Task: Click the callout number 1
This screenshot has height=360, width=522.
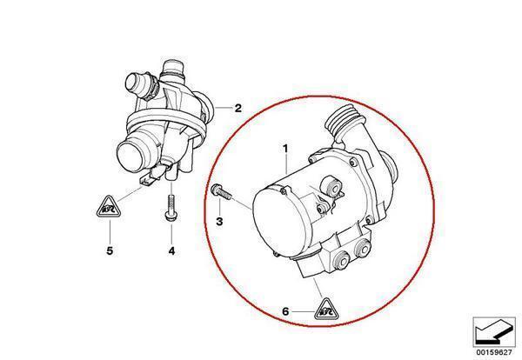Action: tap(285, 149)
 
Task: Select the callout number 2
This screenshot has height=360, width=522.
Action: tap(238, 108)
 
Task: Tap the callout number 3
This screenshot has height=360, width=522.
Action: tap(219, 221)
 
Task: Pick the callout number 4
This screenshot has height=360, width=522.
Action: tap(171, 250)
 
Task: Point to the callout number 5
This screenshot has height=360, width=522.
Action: tap(110, 250)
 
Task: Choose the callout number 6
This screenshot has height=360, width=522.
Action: tap(285, 311)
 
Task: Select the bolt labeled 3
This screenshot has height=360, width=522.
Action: tap(221, 192)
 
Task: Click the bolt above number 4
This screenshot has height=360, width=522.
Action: tap(171, 207)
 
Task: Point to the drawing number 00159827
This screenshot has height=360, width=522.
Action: tap(493, 352)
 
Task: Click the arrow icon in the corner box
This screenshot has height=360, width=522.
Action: tap(492, 332)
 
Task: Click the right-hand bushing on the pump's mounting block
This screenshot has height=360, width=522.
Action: tap(363, 247)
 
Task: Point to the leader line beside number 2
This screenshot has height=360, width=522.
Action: tap(224, 108)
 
